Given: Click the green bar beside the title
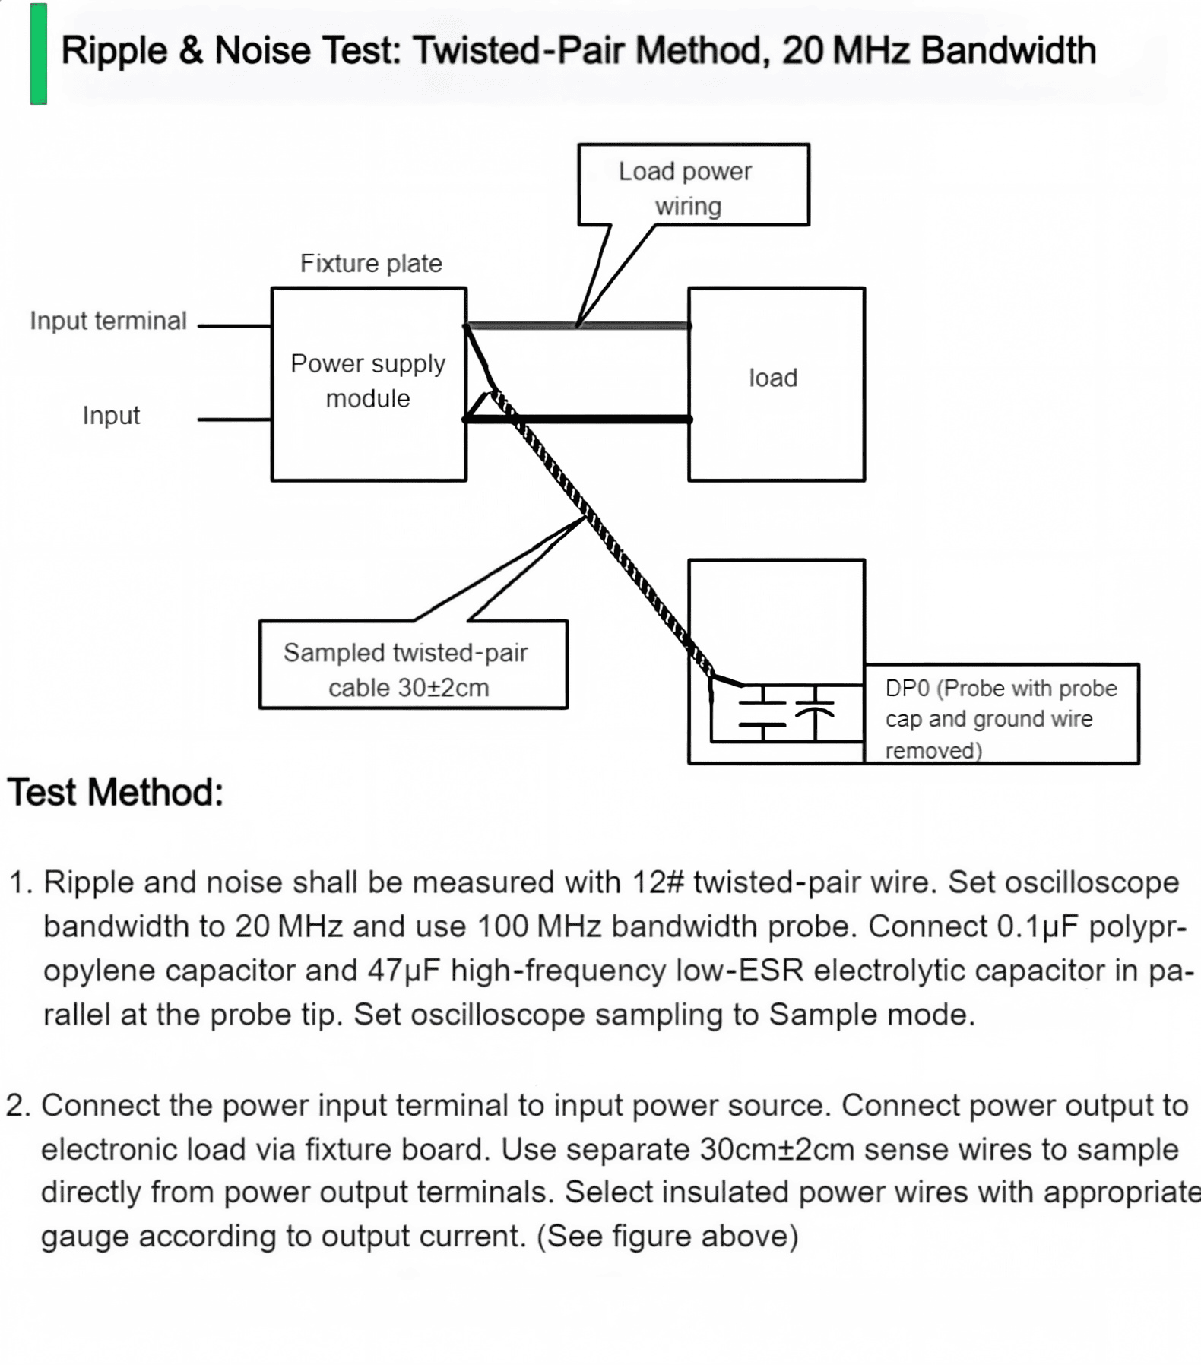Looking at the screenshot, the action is (39, 53).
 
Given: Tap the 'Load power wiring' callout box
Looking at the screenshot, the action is (693, 185).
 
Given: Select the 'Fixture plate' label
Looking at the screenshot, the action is (371, 263).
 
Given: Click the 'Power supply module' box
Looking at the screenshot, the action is (369, 384).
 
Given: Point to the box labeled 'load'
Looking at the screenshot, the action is (776, 384).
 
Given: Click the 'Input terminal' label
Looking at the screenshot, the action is (108, 321).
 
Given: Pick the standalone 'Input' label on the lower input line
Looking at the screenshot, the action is (111, 416).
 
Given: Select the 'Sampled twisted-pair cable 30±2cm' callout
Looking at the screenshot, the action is (414, 664).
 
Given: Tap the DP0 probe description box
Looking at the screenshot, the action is (1001, 714).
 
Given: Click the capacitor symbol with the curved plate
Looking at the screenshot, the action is (815, 713).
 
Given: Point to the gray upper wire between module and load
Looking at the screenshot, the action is (578, 326).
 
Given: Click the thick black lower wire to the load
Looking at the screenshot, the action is (578, 419).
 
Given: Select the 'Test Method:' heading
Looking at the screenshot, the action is (116, 792).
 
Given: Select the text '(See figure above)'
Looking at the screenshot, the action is (667, 1237).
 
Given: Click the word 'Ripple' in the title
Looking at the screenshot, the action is (114, 52).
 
